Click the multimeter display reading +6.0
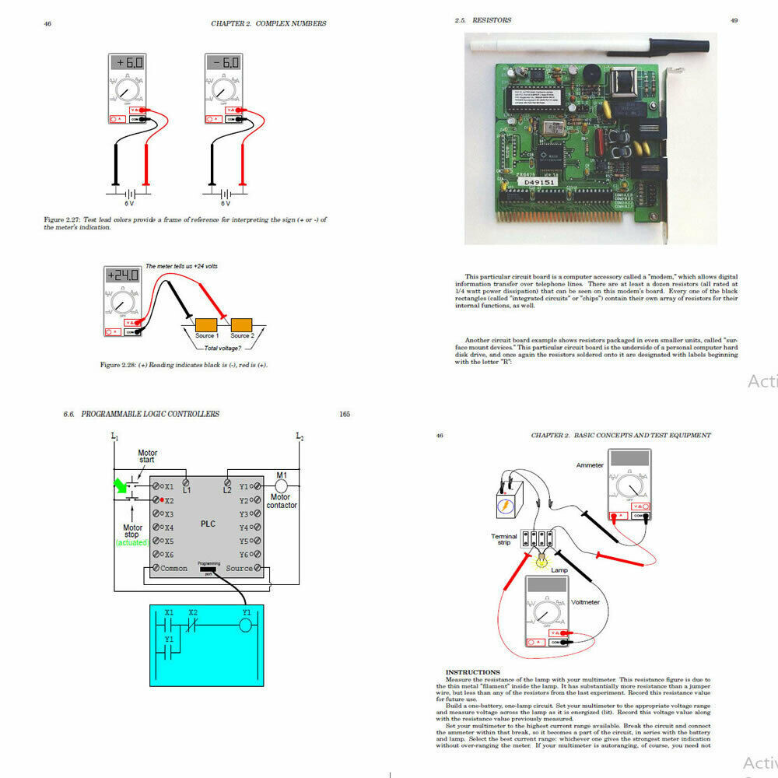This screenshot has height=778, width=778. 126,63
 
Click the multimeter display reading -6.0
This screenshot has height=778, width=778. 223,63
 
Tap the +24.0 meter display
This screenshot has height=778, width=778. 123,275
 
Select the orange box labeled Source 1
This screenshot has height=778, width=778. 206,324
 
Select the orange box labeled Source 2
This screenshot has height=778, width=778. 241,324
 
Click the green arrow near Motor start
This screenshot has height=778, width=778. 121,486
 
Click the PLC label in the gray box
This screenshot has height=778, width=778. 207,524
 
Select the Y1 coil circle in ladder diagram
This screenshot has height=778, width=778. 247,626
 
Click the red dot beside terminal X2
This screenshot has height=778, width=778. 162,500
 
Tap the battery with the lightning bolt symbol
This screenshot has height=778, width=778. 506,504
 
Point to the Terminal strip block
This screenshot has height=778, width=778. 538,538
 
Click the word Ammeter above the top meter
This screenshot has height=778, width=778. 590,465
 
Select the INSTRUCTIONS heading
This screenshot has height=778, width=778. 472,672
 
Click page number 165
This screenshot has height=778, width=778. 345,414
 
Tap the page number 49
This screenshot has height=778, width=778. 734,21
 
